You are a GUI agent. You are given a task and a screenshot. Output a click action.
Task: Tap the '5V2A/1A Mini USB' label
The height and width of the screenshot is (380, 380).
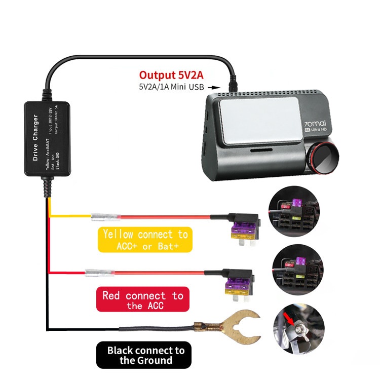click(x=171, y=87)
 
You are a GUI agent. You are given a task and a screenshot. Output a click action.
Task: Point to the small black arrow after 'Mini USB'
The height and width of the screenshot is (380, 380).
click(x=212, y=87)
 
